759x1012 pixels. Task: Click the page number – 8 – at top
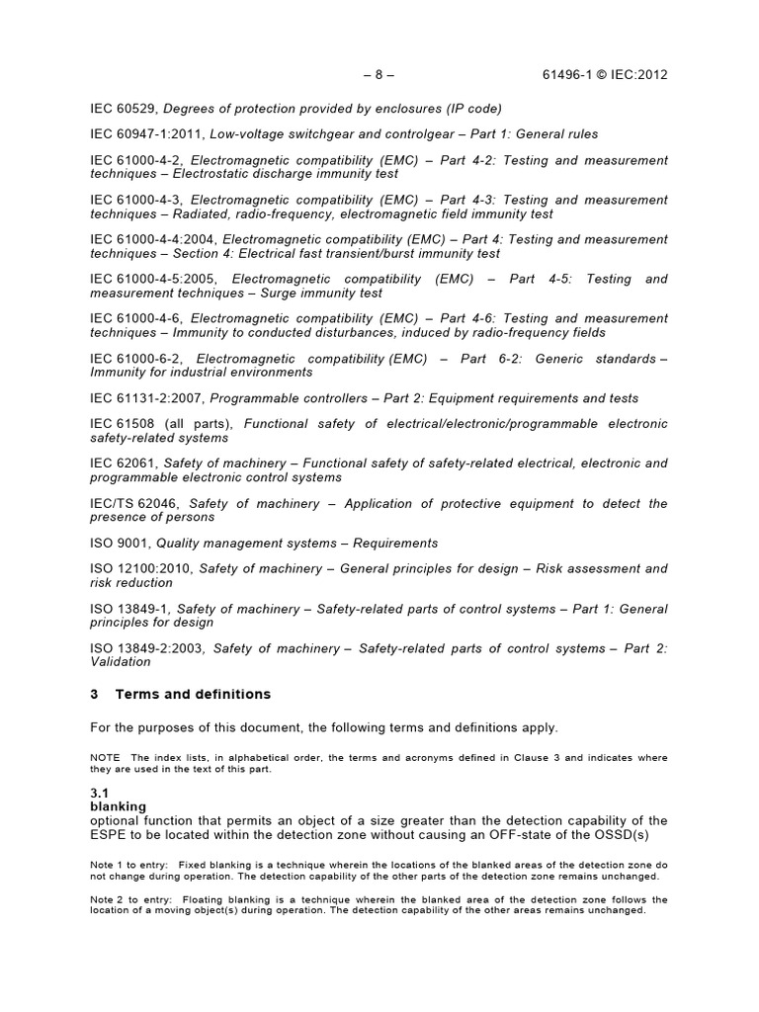379,75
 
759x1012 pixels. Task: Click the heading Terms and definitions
193,695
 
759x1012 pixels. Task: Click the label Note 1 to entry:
128,863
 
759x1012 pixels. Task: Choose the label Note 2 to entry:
128,899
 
